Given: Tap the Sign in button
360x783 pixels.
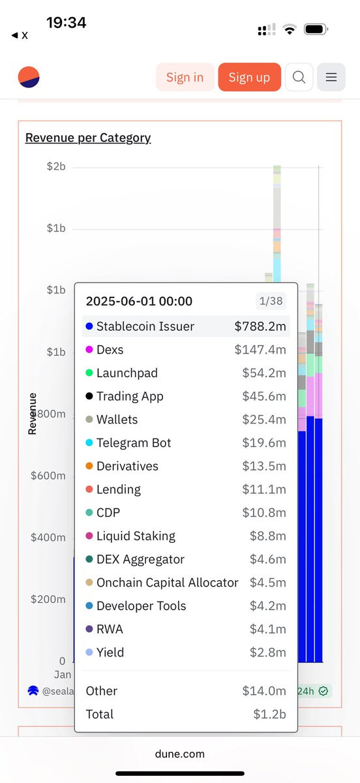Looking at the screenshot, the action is tap(185, 77).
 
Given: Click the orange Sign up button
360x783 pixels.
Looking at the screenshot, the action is tap(250, 77).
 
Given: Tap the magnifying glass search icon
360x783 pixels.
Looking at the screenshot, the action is tap(299, 77).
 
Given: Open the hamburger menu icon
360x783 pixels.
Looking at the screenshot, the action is tap(331, 77).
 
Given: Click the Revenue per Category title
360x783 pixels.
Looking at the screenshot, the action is tap(88, 138).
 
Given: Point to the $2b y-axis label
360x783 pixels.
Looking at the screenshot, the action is tap(56, 166).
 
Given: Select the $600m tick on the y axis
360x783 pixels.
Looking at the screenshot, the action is tap(48, 476).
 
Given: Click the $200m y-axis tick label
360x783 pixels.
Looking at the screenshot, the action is tap(48, 599).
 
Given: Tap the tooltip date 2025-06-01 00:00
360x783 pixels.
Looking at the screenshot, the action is tap(139, 301).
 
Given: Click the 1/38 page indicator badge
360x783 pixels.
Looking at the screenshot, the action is tap(271, 301).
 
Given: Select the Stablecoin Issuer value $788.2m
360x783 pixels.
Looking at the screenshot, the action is tap(260, 326).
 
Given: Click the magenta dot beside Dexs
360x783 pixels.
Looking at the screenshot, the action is tap(89, 350).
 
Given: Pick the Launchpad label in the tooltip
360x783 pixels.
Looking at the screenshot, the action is tap(127, 373).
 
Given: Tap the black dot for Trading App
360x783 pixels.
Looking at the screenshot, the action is tap(89, 396).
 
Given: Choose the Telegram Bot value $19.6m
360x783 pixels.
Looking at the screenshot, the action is tap(264, 443).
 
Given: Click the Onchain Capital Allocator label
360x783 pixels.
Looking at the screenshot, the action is tap(168, 583).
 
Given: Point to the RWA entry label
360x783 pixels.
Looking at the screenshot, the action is tap(110, 629).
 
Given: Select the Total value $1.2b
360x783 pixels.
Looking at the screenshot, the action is tap(270, 714).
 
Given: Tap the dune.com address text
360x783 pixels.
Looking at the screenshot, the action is tap(180, 754).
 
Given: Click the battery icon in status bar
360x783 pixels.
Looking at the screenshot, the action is tap(316, 29).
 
